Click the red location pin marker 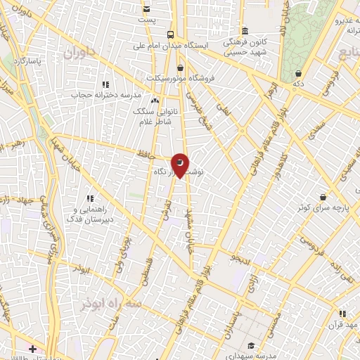181,165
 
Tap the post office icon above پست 146,9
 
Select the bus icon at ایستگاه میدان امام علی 171,34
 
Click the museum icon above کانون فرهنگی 244,31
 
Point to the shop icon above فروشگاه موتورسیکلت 181,67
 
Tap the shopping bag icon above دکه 298,72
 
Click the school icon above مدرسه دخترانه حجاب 105,84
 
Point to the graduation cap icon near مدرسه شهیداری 251,345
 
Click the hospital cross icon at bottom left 32,348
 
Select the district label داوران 78,53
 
